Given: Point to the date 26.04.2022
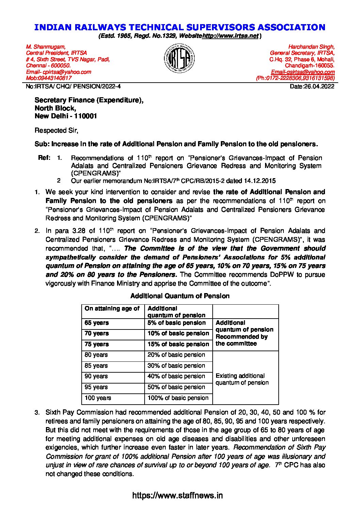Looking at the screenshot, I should [319, 86].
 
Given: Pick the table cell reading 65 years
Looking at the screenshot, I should [97, 323].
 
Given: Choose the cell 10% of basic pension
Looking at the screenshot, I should [178, 334].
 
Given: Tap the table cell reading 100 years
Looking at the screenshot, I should [98, 398].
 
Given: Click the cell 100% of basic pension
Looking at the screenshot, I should [178, 398].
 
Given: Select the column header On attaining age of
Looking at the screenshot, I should [112, 309].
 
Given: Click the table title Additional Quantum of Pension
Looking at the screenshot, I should [180, 296].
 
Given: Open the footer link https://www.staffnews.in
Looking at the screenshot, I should [177, 495].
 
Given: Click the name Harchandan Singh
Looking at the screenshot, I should [311, 47].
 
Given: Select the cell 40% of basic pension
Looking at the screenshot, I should [176, 376].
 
